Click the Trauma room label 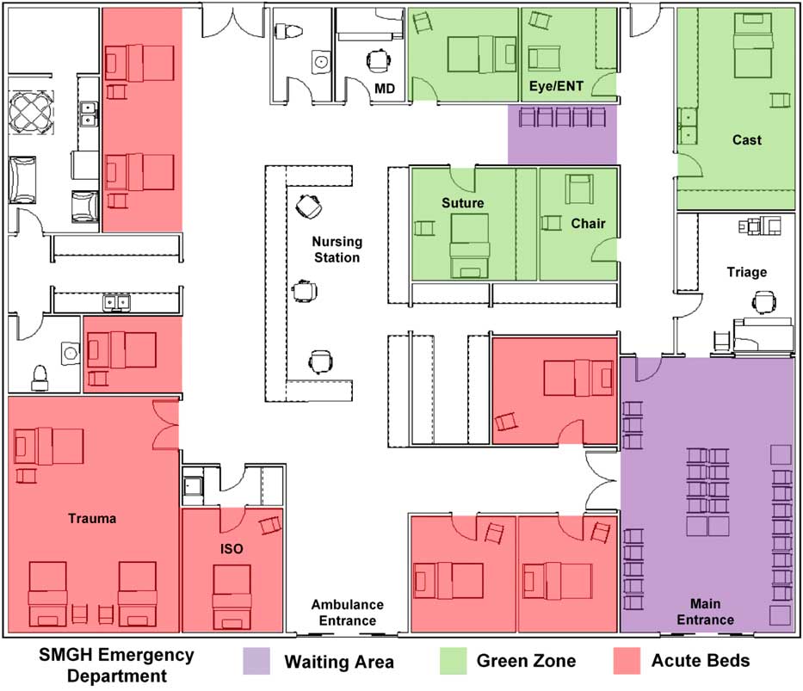click(x=92, y=519)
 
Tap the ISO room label click(x=232, y=549)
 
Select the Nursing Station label click(x=337, y=250)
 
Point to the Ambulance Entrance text click(x=348, y=613)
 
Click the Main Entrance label click(x=705, y=612)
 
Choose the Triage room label click(x=747, y=272)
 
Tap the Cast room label click(x=747, y=139)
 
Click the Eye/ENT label click(x=556, y=86)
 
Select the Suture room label click(x=463, y=203)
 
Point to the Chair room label click(x=588, y=224)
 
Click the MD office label click(x=385, y=89)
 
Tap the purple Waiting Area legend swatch click(x=256, y=661)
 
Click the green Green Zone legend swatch click(x=454, y=661)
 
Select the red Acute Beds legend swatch click(x=627, y=661)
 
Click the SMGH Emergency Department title click(x=117, y=665)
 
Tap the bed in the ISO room click(x=232, y=597)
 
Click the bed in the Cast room click(x=752, y=46)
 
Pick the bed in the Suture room click(x=470, y=246)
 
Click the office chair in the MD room click(x=378, y=60)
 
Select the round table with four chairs click(x=31, y=113)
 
